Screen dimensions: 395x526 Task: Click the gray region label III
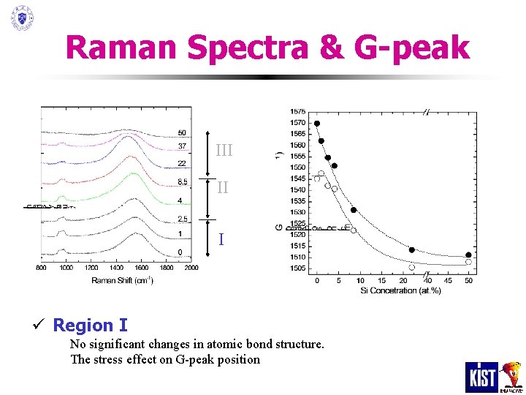224,151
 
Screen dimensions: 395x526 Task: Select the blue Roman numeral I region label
221,240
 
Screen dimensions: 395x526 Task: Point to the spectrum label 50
182,133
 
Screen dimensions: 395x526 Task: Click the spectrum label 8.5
182,182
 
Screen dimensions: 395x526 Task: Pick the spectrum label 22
182,163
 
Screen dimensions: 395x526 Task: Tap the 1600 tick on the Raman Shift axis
140,268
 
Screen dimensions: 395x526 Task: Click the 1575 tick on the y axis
298,111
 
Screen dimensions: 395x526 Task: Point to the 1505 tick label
298,268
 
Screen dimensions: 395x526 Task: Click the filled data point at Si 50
468,255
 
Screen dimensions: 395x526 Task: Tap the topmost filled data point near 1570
317,124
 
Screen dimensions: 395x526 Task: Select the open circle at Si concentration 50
468,262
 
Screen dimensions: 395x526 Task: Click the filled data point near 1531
354,210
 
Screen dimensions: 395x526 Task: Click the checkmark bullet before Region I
45,326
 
